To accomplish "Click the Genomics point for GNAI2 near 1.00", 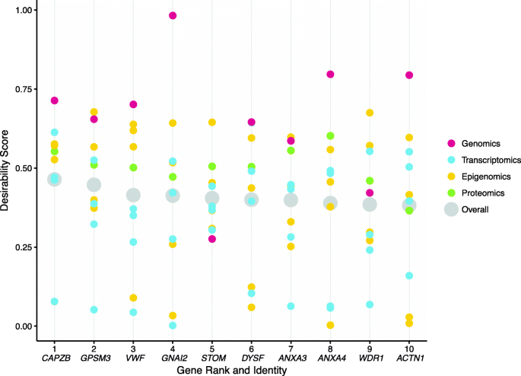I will tap(173, 15).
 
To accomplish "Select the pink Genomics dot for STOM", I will tap(212, 239).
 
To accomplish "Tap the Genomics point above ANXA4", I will tap(331, 74).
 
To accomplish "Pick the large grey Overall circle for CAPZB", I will tap(54, 179).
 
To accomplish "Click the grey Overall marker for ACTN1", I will tap(409, 206).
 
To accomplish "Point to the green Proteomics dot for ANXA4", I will tap(331, 135).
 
